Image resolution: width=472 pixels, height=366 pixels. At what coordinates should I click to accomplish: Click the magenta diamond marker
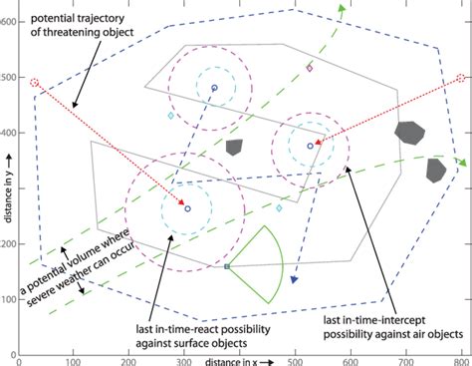tap(310, 69)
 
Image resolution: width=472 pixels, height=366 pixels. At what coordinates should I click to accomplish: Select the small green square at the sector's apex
tap(228, 267)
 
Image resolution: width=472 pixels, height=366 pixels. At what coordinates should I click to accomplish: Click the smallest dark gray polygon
tap(234, 147)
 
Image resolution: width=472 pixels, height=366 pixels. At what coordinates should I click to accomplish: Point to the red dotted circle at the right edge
tap(459, 79)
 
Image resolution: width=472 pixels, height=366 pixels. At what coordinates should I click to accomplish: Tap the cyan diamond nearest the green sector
tap(279, 208)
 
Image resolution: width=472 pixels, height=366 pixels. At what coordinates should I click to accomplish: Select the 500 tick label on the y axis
tap(8, 77)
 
